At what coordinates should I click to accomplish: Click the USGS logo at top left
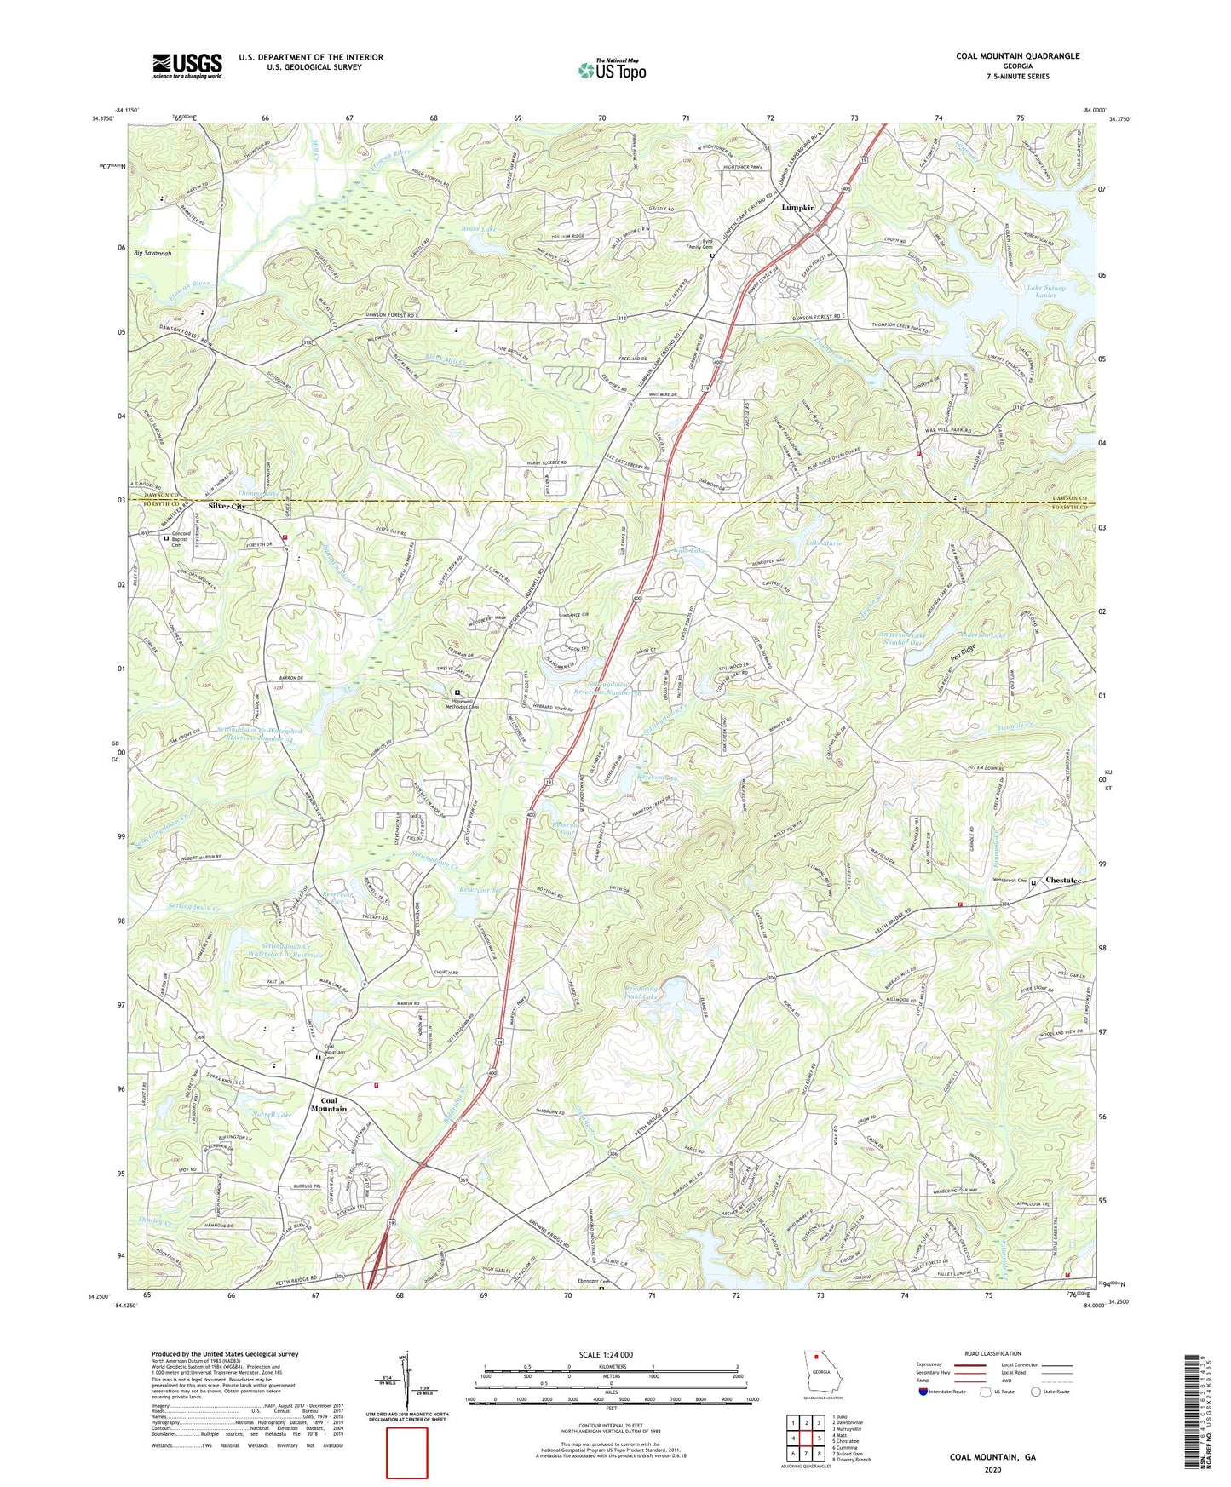[187, 66]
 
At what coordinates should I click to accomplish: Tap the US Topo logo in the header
[611, 70]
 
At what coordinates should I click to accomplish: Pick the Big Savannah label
[152, 254]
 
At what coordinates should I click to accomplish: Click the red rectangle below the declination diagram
[406, 1453]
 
